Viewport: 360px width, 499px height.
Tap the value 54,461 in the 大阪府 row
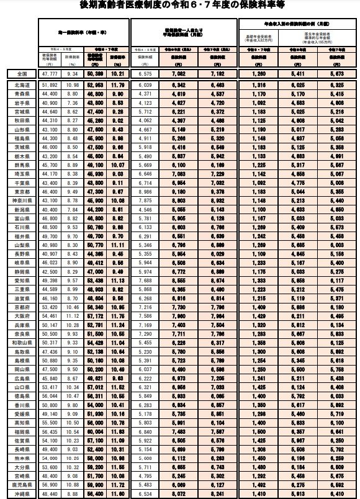coord(50,315)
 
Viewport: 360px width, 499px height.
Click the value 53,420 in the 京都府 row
coord(50,307)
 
